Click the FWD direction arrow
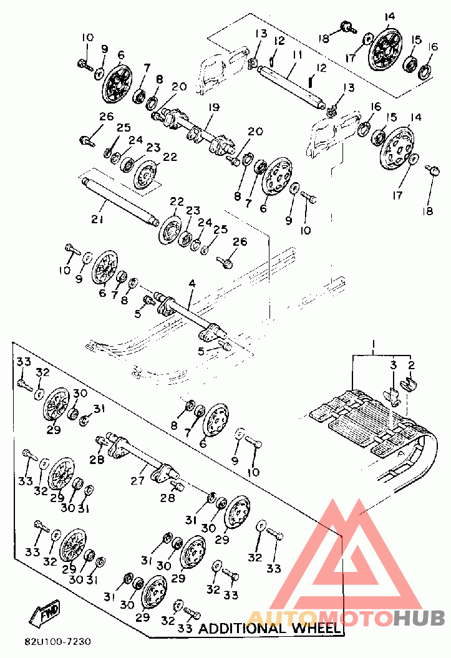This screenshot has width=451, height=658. pos(44,613)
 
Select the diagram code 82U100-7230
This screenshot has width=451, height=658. pos(57,642)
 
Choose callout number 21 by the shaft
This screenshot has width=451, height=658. pos(97,219)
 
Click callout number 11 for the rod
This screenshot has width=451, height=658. pos(298,55)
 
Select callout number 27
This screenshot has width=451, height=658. pos(137,480)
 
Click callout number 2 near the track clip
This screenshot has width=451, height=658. pos(411,365)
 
